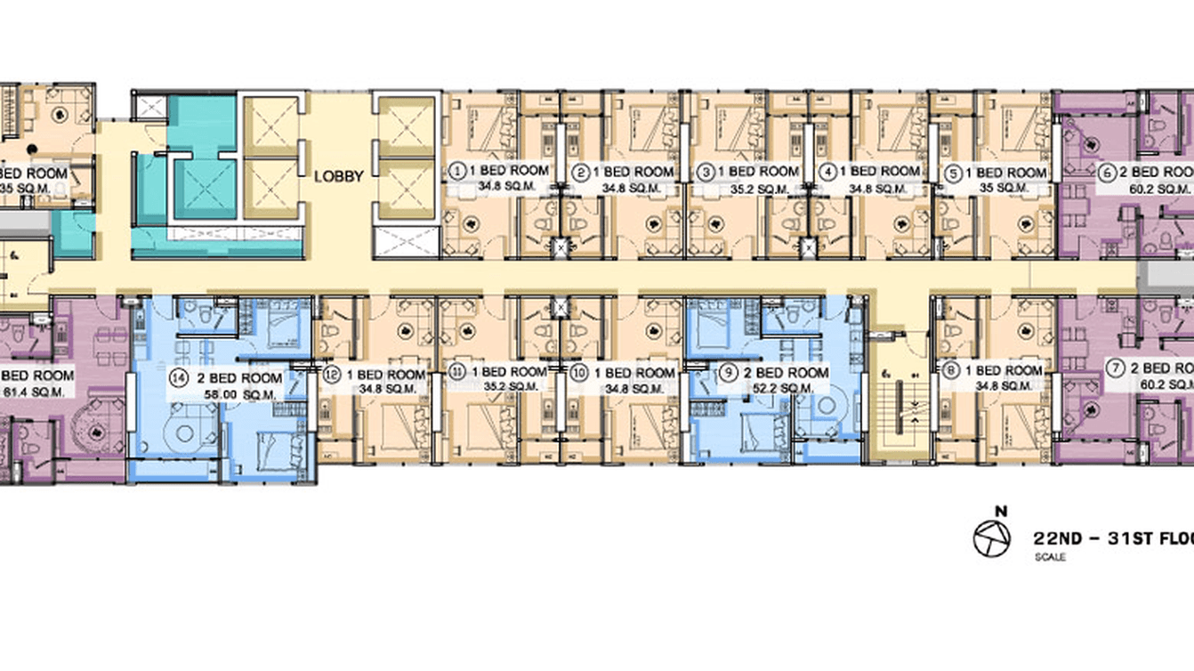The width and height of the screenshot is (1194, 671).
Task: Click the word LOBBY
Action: (339, 176)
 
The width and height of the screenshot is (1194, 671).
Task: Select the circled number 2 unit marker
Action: (582, 172)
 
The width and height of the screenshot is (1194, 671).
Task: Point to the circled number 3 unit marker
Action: (705, 171)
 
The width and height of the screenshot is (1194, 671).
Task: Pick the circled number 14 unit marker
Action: (181, 378)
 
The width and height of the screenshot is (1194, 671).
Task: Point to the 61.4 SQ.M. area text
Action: (32, 391)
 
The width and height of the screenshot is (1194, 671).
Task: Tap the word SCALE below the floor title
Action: (1050, 558)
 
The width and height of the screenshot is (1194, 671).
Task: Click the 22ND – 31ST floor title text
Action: (1112, 538)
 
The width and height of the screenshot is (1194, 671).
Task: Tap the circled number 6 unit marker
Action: (1108, 173)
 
